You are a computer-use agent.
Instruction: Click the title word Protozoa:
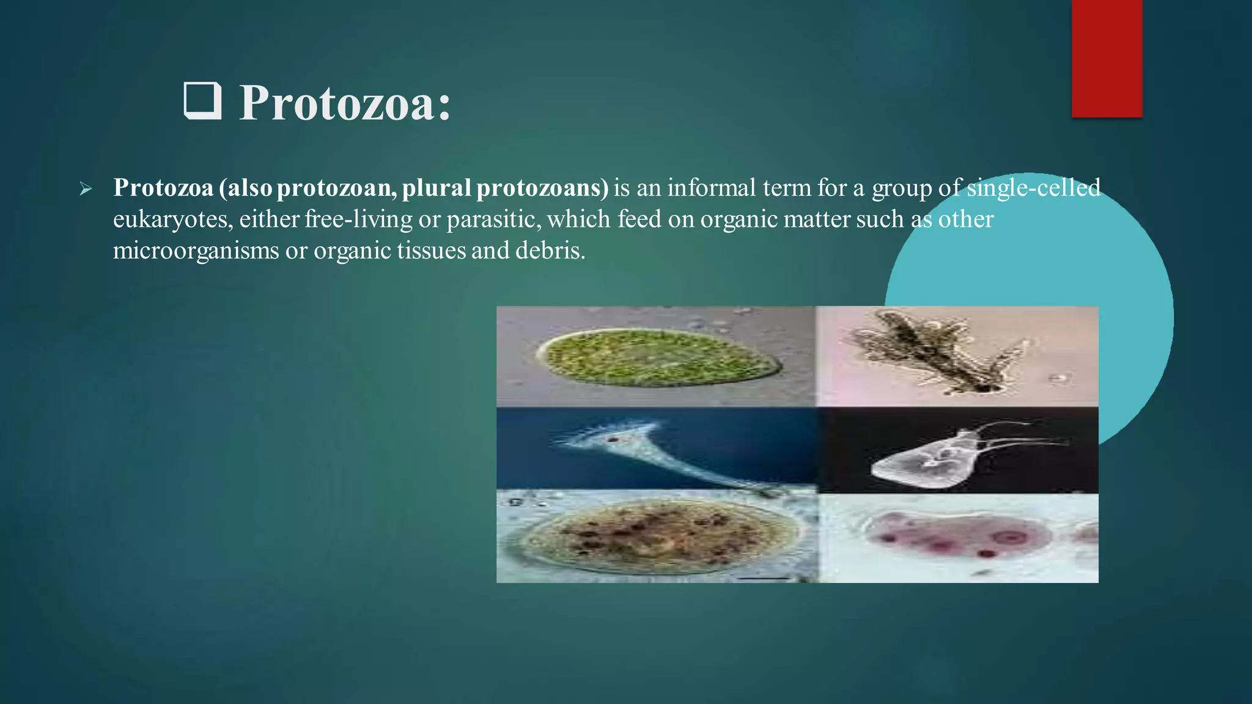[x=345, y=103]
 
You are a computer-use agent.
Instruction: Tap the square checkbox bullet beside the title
[x=202, y=101]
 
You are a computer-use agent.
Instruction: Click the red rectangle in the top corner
[x=1107, y=58]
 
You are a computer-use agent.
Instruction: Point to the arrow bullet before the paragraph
[x=86, y=189]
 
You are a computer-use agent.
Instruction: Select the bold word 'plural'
[x=436, y=188]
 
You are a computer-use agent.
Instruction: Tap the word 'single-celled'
[x=1034, y=188]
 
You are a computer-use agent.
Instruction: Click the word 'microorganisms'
[x=196, y=251]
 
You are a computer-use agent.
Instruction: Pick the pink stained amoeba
[x=960, y=535]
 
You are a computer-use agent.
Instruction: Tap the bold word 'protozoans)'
[x=542, y=188]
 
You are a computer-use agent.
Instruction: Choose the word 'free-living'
[x=358, y=219]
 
